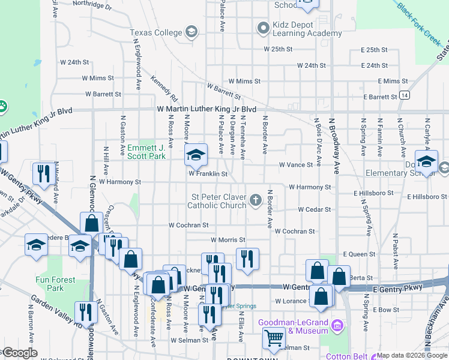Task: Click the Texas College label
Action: pos(155,32)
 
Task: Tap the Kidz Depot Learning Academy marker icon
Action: pos(262,28)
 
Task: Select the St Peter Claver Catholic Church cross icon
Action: pos(256,199)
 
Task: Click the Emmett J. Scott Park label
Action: pos(146,152)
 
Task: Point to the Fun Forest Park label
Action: pos(55,284)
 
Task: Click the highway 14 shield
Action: pos(406,95)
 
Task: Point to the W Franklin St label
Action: pos(208,174)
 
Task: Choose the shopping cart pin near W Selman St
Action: pos(274,338)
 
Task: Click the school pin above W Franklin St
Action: pos(195,155)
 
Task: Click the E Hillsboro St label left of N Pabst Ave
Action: pos(373,193)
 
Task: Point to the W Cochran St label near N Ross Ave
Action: pos(188,225)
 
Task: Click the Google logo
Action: pos(19,353)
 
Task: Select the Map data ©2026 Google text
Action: pos(411,355)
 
